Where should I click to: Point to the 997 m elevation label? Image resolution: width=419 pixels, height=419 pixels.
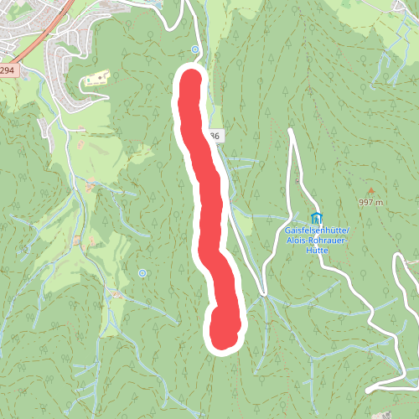(370, 202)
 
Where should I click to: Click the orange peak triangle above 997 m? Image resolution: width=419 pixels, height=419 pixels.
(370, 191)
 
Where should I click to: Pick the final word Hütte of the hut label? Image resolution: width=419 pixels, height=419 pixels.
(316, 249)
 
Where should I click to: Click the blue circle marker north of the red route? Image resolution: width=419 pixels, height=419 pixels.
(195, 49)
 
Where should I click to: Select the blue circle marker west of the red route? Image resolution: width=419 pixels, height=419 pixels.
(142, 273)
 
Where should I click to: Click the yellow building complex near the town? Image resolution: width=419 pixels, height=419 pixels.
(96, 80)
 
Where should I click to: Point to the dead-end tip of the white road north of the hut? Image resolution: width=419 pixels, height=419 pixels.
(290, 131)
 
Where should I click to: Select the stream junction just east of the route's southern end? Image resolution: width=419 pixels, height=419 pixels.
(262, 294)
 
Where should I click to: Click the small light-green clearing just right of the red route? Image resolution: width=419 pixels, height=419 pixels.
(242, 221)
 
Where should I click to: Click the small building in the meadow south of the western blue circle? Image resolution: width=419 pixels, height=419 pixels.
(117, 295)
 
